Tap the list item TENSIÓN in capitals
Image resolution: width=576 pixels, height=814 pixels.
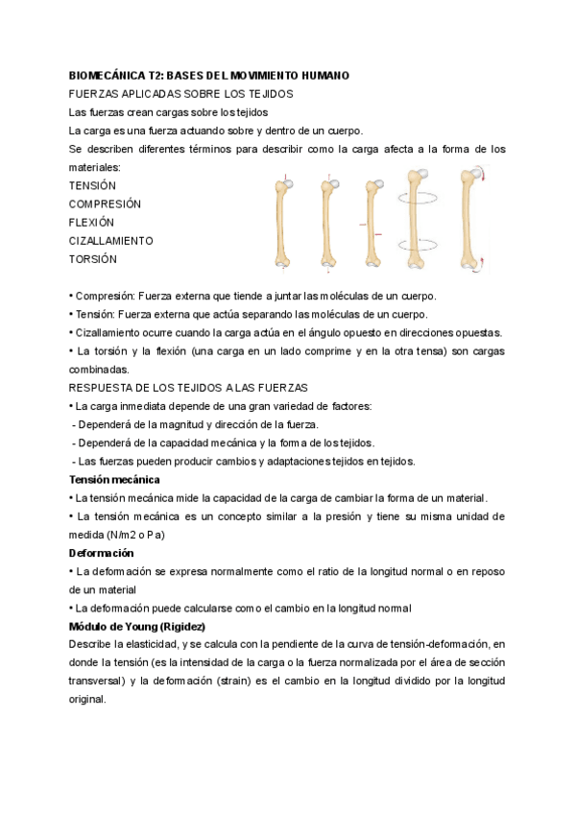92,185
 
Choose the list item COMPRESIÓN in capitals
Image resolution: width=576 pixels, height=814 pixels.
105,203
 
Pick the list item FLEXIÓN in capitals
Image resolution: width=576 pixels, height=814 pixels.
91,222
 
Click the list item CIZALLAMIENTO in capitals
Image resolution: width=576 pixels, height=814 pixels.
111,240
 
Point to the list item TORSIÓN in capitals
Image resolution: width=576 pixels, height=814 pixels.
93,259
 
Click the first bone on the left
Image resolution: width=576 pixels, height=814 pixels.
283,221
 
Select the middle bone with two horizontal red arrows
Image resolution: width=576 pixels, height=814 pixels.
373,221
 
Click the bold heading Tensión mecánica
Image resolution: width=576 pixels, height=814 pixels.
114,479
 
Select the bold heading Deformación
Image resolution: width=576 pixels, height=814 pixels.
102,554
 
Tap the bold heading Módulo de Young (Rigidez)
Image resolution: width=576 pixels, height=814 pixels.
137,627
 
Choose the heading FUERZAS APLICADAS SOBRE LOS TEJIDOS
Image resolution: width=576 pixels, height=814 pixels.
181,93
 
